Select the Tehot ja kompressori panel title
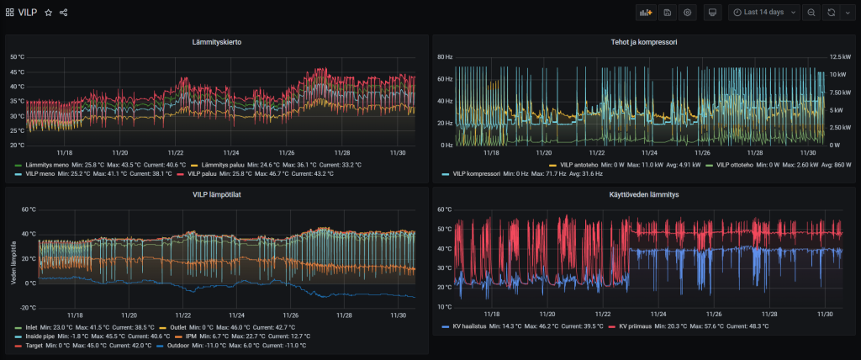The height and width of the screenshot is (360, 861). (x=645, y=41)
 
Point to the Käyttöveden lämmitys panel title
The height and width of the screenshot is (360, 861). (x=645, y=194)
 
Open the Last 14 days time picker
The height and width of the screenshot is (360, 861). (x=763, y=13)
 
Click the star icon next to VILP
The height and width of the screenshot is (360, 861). (x=49, y=13)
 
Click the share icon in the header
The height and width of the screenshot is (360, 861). (x=64, y=13)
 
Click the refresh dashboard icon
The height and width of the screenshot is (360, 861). (x=832, y=13)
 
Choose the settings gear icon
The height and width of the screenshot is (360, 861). (x=688, y=13)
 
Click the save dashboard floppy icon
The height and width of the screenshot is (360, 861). (x=668, y=13)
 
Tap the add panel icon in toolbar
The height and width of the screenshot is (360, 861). (x=646, y=13)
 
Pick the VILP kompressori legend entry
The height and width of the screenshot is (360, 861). (x=476, y=173)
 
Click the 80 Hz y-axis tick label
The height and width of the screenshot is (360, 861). (x=445, y=56)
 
